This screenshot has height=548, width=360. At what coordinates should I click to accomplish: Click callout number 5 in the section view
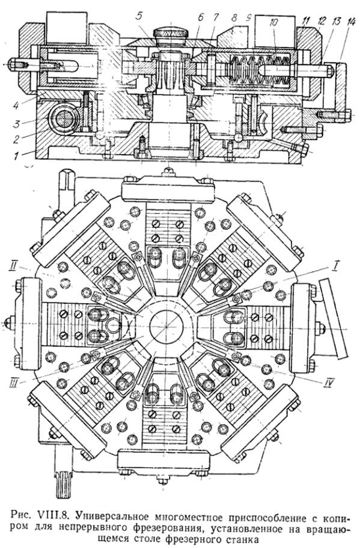[139, 16]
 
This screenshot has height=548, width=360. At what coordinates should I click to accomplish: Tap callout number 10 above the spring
[274, 23]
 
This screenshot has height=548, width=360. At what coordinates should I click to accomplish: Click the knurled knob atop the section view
[171, 34]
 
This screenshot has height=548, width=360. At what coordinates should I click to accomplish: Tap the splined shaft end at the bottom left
[64, 485]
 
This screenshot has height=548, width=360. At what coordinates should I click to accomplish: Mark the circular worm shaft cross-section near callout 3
[64, 118]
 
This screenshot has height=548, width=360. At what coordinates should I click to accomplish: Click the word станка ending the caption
[235, 537]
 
